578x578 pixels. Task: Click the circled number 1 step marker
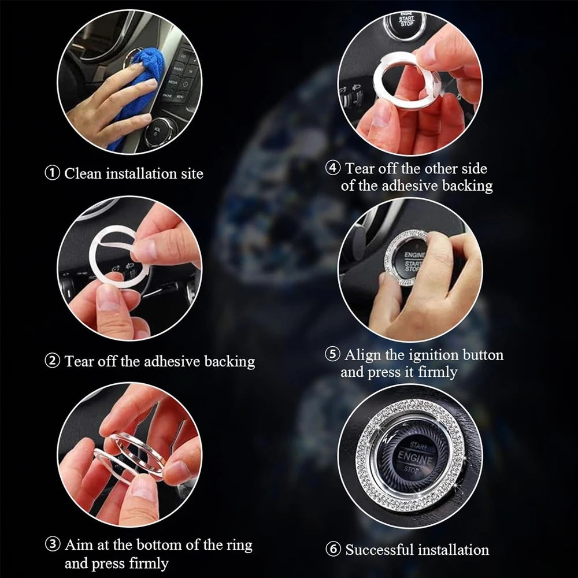[x=53, y=173]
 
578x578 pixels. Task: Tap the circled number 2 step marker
[x=53, y=361]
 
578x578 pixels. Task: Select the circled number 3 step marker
[x=53, y=544]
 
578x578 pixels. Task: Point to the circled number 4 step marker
[x=333, y=168]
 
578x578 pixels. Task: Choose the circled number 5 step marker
[x=332, y=354]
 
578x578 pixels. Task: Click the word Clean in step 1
[x=83, y=173]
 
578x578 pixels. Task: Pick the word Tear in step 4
[x=360, y=168]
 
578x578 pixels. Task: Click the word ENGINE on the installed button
[x=416, y=458]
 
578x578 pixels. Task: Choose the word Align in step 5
[x=363, y=355]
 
